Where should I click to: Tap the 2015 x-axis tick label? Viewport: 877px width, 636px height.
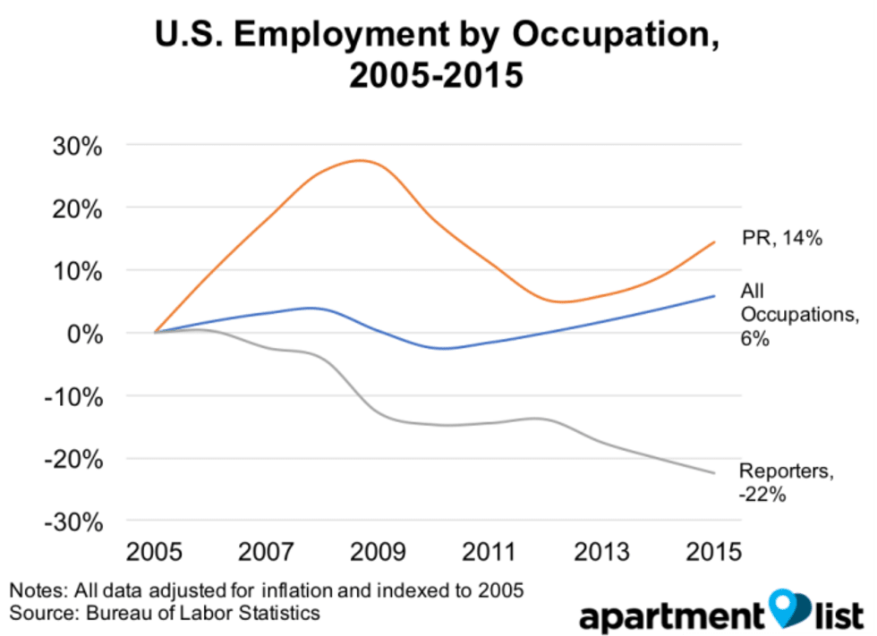[713, 550]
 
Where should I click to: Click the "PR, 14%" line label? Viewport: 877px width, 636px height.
[781, 239]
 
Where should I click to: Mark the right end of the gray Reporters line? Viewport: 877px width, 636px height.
[714, 473]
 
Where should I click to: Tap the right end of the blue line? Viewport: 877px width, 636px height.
[714, 295]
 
